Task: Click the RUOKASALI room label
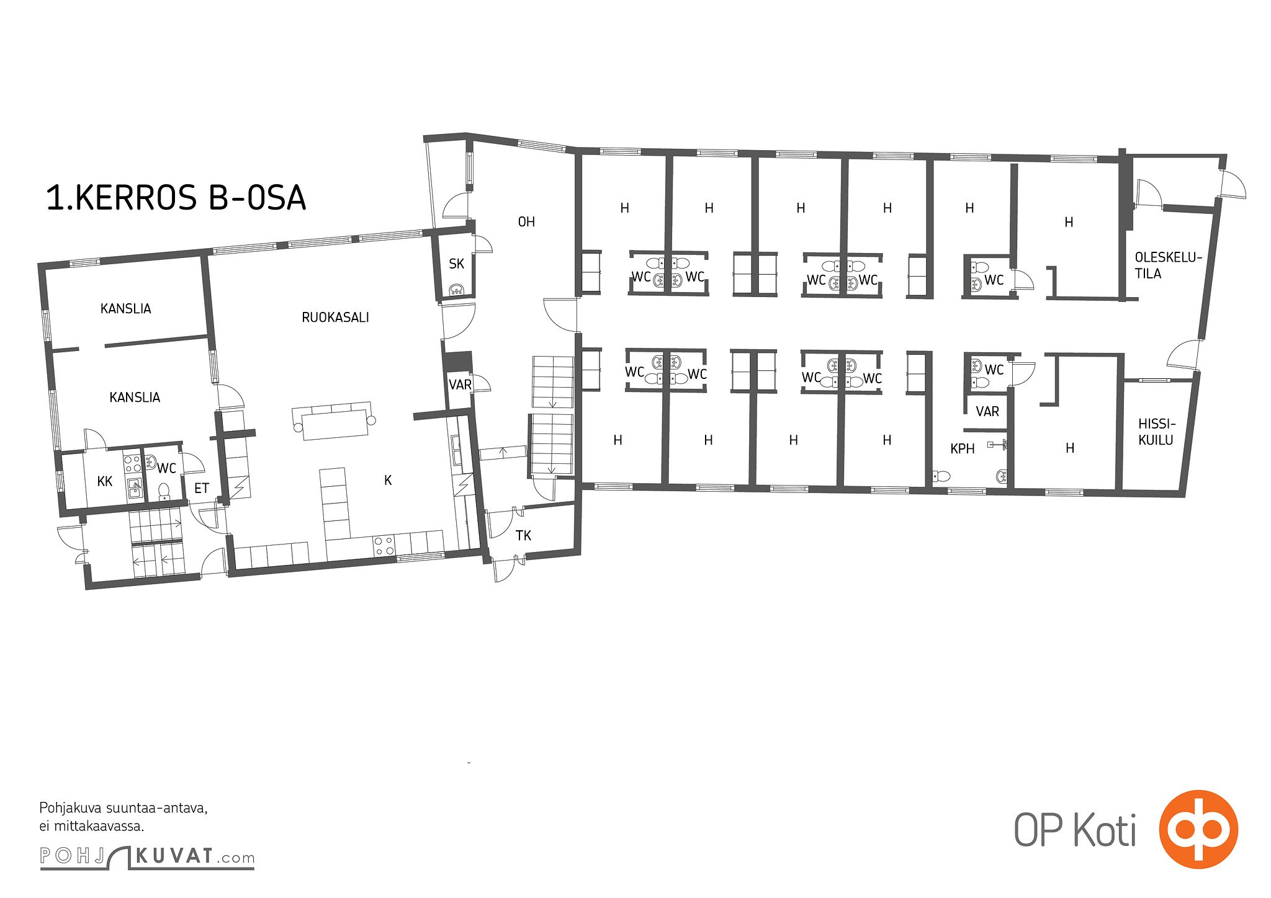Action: [x=335, y=318]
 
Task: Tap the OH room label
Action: [x=526, y=221]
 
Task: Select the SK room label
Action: [x=456, y=264]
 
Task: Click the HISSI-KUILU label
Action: [x=1156, y=432]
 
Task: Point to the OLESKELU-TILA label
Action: [x=1168, y=265]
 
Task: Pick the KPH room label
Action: [x=963, y=448]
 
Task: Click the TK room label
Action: [x=523, y=535]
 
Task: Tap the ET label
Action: [x=201, y=488]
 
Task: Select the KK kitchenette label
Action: [x=105, y=481]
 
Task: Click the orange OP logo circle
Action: [x=1198, y=829]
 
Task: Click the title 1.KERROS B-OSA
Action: [x=176, y=198]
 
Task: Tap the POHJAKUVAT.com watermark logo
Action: [x=147, y=857]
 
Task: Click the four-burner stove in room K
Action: [x=384, y=545]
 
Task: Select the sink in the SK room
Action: [x=457, y=290]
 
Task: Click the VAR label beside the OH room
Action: [x=460, y=385]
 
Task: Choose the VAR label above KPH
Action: [x=987, y=411]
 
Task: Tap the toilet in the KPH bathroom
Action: [x=941, y=476]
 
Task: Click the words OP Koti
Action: [x=1076, y=830]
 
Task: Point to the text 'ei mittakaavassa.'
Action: [x=92, y=826]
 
